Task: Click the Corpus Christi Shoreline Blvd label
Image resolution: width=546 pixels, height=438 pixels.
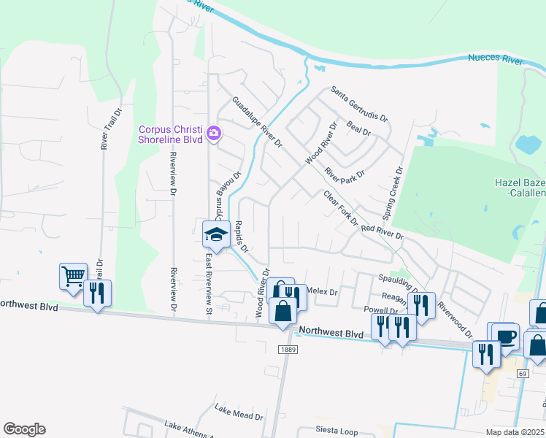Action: [170, 134]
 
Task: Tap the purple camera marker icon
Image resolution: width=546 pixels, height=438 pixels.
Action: [214, 133]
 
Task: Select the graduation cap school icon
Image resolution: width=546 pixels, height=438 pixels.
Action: [216, 234]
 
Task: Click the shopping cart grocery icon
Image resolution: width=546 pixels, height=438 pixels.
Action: [73, 276]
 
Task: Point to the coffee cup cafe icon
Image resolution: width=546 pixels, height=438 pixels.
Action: [505, 337]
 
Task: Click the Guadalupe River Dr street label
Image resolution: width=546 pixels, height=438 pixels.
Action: [257, 123]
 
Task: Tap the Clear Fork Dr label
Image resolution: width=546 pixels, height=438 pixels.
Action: [340, 208]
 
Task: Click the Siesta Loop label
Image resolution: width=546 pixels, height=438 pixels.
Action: [337, 430]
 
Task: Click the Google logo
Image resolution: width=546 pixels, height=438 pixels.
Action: [24, 429]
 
